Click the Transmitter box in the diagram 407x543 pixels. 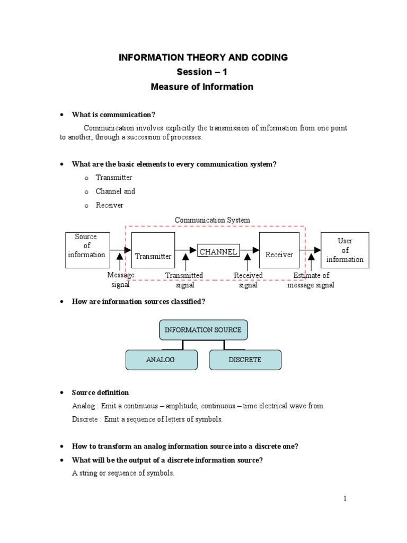pos(153,250)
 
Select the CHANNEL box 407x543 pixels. pos(218,251)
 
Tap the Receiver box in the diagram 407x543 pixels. pos(279,250)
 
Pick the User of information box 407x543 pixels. pos(345,250)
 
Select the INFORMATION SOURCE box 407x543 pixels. pos(203,330)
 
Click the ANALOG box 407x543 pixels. pos(161,360)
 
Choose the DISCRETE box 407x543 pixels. pos(245,360)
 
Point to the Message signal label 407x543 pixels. pos(121,280)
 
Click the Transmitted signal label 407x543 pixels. pos(184,280)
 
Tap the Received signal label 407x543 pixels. pos(248,280)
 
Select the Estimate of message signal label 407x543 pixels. pos(311,280)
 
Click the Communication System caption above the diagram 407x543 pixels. pos(213,220)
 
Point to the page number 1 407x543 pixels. pos(345,498)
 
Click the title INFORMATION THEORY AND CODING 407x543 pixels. pos(203,57)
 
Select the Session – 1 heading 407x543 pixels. pos(203,72)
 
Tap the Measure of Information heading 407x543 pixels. pos(203,86)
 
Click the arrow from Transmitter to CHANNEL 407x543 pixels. pos(186,250)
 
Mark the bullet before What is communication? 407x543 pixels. pos(62,115)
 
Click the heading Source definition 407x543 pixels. pos(100,392)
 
